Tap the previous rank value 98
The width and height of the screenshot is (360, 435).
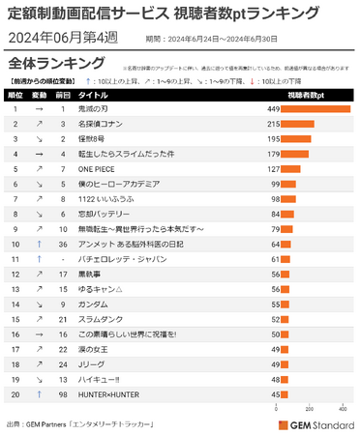click(x=63, y=394)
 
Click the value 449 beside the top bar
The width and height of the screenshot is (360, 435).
click(x=272, y=110)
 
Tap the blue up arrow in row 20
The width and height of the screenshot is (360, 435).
click(x=39, y=394)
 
